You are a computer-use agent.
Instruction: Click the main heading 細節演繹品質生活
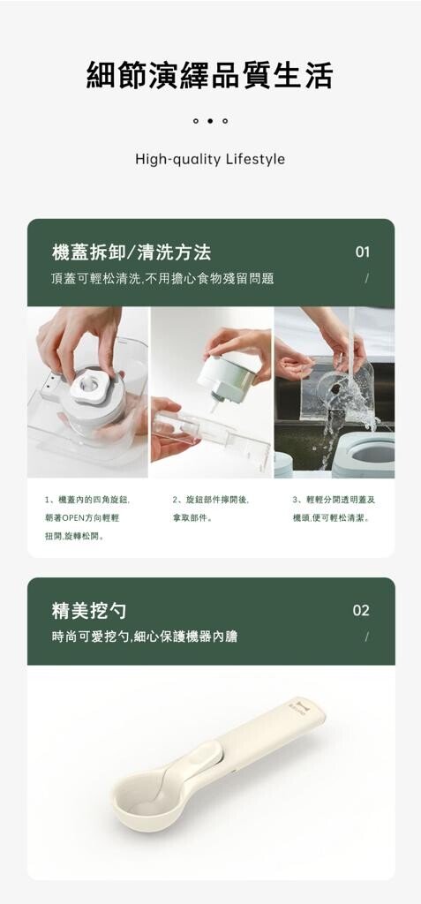[210, 75]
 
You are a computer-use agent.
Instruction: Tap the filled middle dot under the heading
[210, 121]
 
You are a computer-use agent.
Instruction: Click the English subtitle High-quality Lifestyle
[210, 159]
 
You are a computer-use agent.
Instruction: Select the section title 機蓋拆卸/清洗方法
[132, 252]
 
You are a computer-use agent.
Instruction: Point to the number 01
[362, 252]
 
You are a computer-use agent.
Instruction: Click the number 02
[361, 611]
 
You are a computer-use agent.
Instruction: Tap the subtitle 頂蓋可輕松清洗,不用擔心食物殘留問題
[162, 279]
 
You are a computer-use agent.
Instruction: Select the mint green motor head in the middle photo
[225, 376]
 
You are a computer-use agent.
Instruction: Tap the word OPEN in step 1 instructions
[73, 517]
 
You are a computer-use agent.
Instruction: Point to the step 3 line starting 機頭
[331, 517]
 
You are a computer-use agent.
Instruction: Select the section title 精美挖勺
[89, 611]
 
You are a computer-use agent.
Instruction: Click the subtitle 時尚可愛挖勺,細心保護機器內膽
[144, 637]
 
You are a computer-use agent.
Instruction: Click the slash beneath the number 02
[366, 637]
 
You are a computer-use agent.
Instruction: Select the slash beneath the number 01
[366, 278]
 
